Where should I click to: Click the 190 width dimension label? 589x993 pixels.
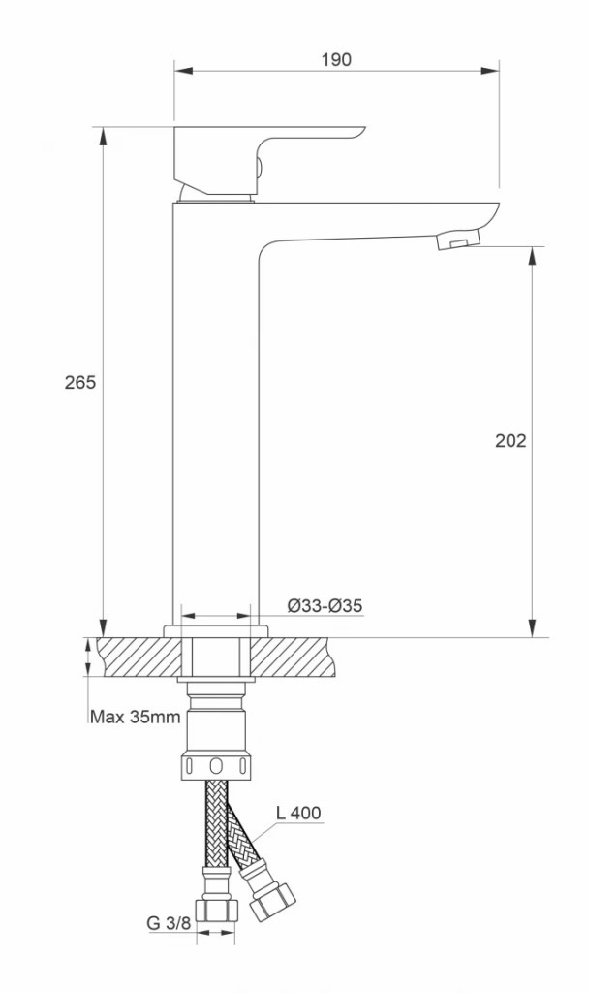point(336,59)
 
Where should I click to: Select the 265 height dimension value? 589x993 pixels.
point(80,382)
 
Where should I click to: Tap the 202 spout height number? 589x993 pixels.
point(511,441)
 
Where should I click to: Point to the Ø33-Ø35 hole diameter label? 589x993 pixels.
point(325,606)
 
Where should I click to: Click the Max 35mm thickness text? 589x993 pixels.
point(136,717)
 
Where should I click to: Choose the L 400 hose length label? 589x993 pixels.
point(298,813)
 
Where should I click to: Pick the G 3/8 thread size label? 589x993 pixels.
point(169,923)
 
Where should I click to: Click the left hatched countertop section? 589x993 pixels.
point(139,657)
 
